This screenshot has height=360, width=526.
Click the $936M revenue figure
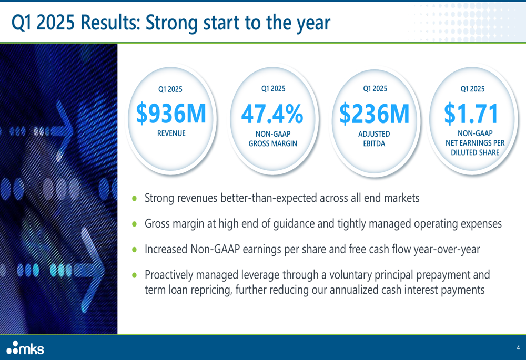[x=171, y=114]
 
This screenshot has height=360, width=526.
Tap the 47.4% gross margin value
[x=272, y=114]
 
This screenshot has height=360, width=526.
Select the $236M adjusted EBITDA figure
[x=375, y=114]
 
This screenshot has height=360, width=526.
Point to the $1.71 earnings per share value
[x=471, y=114]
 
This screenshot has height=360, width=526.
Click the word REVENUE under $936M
[x=171, y=133]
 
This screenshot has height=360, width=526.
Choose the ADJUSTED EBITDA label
[x=374, y=139]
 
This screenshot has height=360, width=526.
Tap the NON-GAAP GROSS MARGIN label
[x=272, y=139]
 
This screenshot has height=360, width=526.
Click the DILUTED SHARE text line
[x=475, y=152]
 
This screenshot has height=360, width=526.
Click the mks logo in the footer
[x=25, y=348]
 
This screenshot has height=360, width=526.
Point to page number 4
[x=518, y=347]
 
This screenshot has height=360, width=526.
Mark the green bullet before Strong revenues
[x=135, y=198]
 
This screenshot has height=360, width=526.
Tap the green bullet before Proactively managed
[x=135, y=275]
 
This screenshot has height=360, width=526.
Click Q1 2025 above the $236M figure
[x=375, y=88]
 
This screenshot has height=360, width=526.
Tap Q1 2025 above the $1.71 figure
[x=472, y=89]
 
